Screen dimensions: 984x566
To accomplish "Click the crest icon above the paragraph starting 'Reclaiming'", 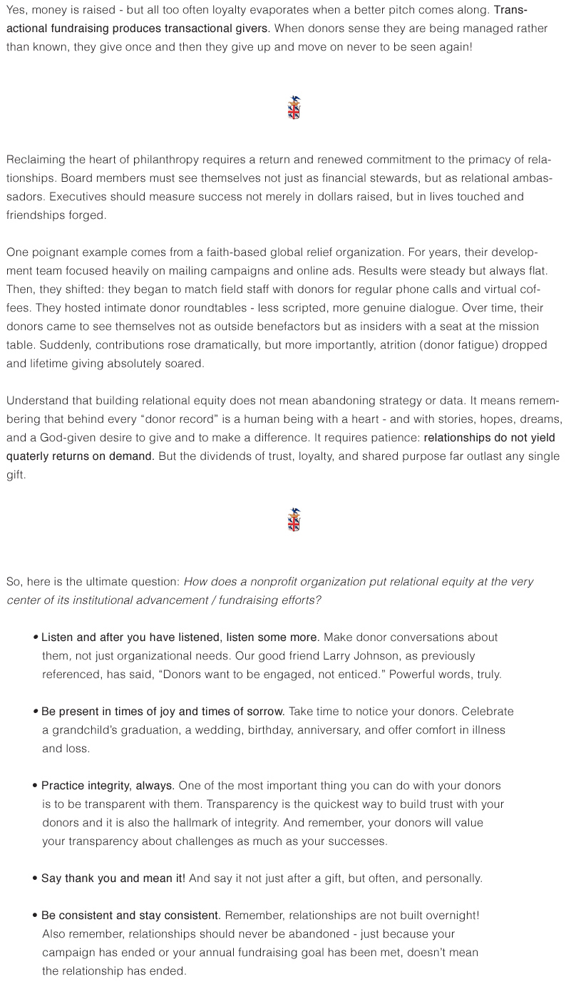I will [294, 108].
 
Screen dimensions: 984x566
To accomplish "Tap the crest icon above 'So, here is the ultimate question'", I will [294, 520].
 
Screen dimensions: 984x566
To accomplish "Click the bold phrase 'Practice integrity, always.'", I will [108, 785].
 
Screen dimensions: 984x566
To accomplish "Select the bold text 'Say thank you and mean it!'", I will [113, 878].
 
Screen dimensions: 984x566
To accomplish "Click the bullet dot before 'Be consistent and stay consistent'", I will [35, 915].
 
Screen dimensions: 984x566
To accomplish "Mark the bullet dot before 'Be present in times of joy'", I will [35, 712].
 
